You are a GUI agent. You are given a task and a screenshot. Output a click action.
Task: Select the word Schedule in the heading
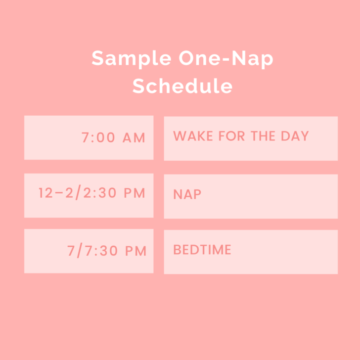[182, 86]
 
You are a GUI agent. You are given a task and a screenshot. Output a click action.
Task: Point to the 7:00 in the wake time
[98, 138]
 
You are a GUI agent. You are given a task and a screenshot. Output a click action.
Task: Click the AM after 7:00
[134, 138]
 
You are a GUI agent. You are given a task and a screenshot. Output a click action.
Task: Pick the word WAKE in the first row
[190, 136]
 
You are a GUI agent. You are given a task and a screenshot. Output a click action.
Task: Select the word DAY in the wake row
[295, 136]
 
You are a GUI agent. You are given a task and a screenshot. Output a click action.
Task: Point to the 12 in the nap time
[45, 193]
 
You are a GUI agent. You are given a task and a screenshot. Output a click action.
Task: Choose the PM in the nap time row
[134, 193]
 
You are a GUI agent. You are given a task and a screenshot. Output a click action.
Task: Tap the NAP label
[187, 194]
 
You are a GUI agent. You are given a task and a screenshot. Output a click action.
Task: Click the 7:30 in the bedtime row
[101, 251]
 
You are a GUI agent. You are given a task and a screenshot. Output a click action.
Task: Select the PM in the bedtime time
[135, 251]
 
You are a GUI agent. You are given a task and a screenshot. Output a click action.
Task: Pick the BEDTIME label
[202, 250]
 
